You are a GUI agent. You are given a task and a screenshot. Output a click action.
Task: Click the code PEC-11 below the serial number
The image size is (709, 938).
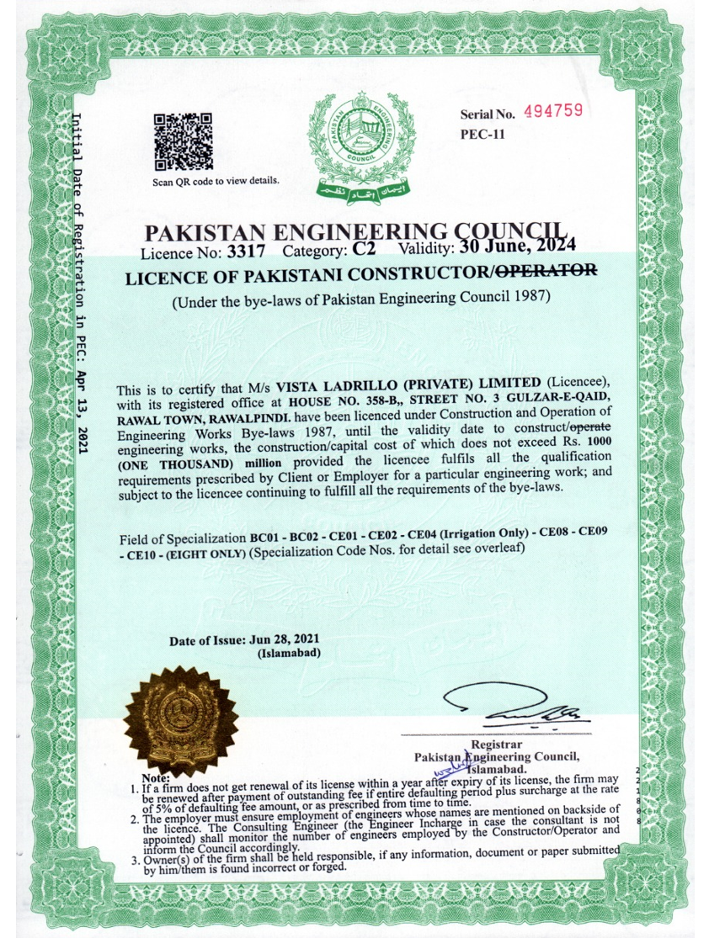coord(482,133)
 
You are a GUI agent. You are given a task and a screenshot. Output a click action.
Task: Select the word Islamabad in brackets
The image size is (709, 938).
coord(288,653)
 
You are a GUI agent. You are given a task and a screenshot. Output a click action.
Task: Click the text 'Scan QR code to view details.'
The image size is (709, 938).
coord(216,181)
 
